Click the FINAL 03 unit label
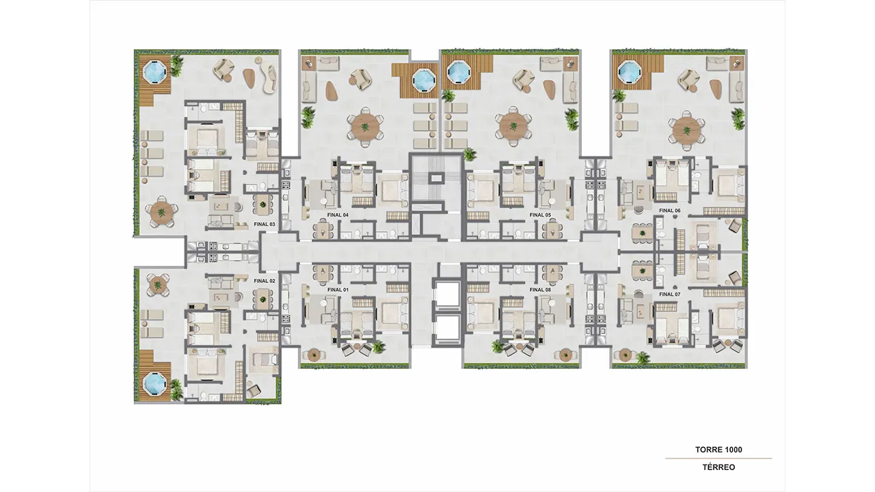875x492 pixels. [x=265, y=224]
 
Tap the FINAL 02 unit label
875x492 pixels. [x=265, y=281]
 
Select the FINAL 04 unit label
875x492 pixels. [x=338, y=215]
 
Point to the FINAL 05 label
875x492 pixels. [x=540, y=215]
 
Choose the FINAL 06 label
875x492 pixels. [x=670, y=210]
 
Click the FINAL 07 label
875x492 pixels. [x=670, y=294]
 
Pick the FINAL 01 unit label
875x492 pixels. [x=338, y=290]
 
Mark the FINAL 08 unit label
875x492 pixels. [x=540, y=290]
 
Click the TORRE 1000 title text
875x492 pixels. [x=718, y=450]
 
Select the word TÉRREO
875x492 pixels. [x=718, y=467]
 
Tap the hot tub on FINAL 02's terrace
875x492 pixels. [x=155, y=383]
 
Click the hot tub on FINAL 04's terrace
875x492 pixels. [x=424, y=81]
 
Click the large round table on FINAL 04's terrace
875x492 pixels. [x=365, y=126]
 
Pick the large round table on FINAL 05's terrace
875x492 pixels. [x=513, y=126]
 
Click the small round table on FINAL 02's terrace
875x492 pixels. [x=158, y=285]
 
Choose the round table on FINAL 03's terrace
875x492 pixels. [x=162, y=213]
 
